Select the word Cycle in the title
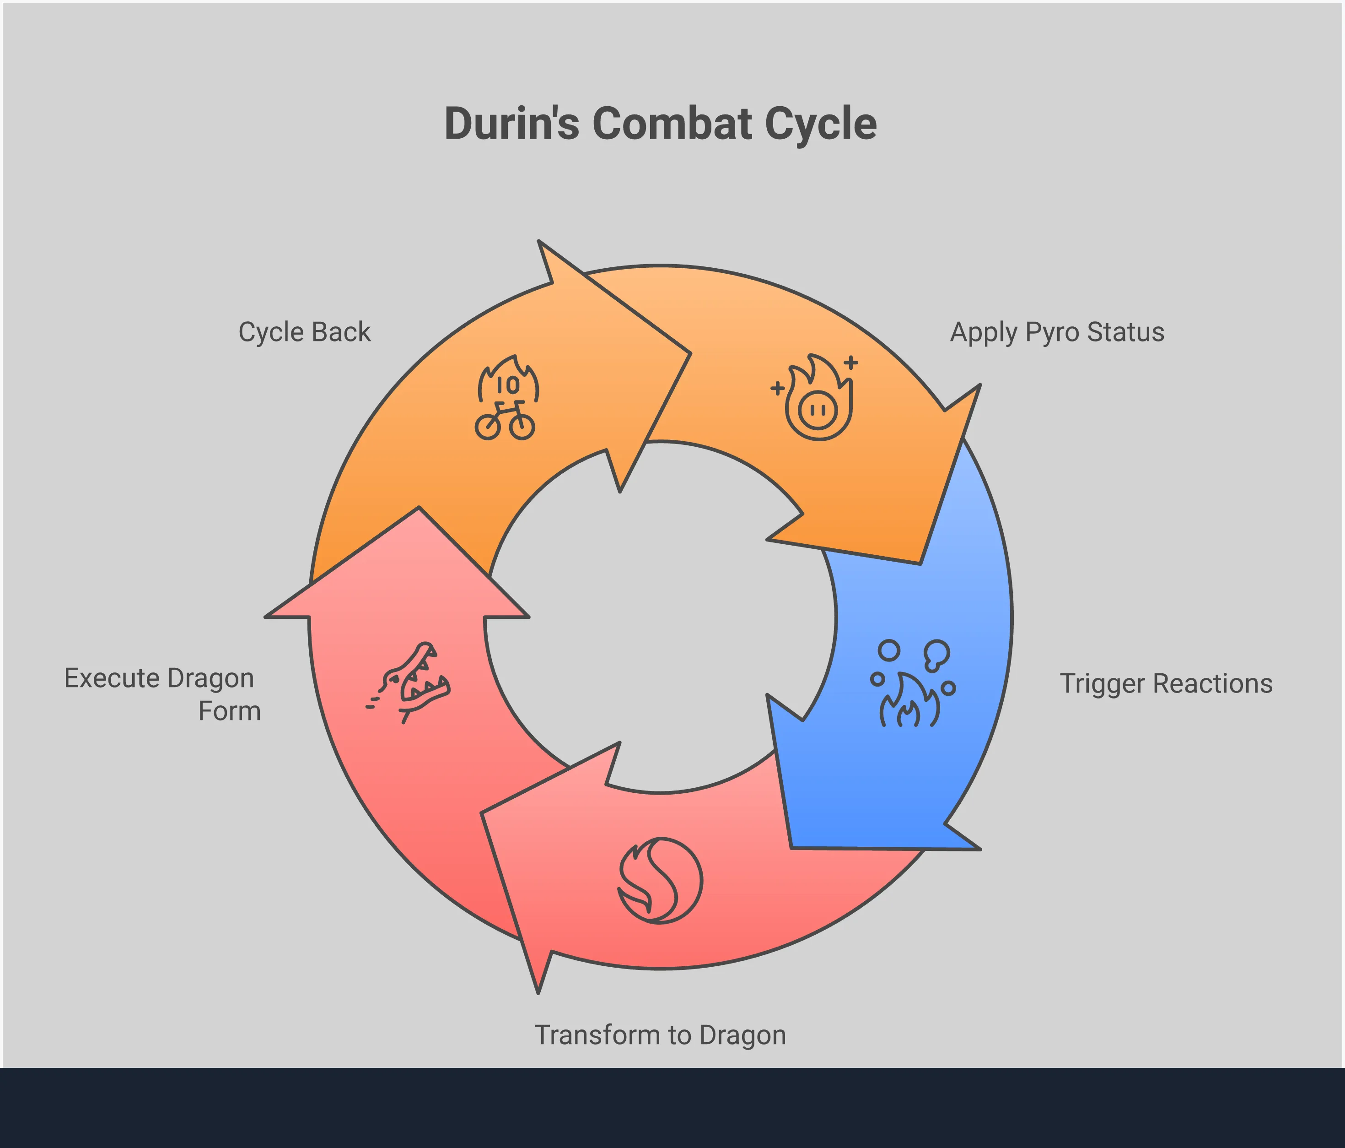(821, 124)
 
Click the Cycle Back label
(304, 332)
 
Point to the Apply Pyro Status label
(1057, 332)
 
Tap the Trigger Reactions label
(1166, 684)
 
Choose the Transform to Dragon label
(660, 1035)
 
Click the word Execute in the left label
(112, 678)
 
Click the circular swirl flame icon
(660, 881)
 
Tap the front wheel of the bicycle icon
(522, 427)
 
